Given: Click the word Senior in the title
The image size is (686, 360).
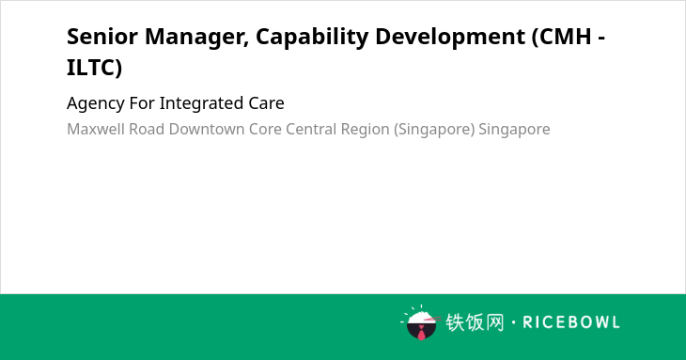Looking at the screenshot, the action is pos(102,37).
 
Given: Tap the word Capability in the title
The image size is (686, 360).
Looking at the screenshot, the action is pos(312,38).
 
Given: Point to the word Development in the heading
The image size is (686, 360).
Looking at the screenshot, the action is pos(450,38).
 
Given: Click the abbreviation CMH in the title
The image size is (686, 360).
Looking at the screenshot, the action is pos(562,38).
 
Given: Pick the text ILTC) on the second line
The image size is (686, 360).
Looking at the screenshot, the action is pos(95,69).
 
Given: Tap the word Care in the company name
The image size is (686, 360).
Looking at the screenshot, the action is pos(267,103).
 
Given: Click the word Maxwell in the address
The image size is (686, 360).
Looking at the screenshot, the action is pos(96,129).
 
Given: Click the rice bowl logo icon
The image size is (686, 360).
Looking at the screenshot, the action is pos(420,323).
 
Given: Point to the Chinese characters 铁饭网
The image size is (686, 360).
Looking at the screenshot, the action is pos(475,322).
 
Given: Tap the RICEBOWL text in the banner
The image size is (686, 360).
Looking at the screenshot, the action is pos(571,322).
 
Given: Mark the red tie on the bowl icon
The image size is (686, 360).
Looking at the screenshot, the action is pos(421,333).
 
